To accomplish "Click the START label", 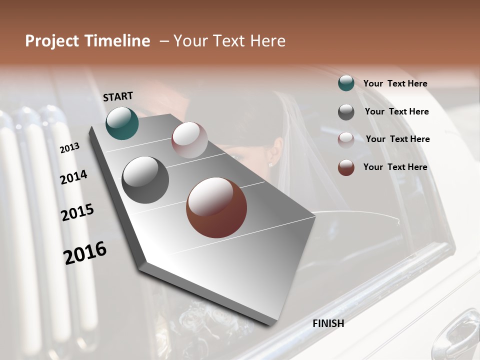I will (118, 96).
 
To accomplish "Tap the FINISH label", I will (328, 323).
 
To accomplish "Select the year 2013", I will (69, 147).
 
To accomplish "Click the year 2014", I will (73, 177).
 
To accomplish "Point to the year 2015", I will (77, 212).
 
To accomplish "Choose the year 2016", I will (85, 253).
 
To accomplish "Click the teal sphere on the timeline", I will (122, 123).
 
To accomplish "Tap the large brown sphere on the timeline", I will (216, 207).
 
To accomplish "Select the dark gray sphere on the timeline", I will (145, 180).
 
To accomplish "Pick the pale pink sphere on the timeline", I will (189, 140).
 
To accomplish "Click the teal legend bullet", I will (346, 83).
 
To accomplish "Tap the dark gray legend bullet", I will (346, 111).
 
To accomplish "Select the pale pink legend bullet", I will (346, 139).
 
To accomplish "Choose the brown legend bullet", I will (346, 167).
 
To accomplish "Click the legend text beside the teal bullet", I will (395, 83).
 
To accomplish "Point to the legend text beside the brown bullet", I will (395, 167).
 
